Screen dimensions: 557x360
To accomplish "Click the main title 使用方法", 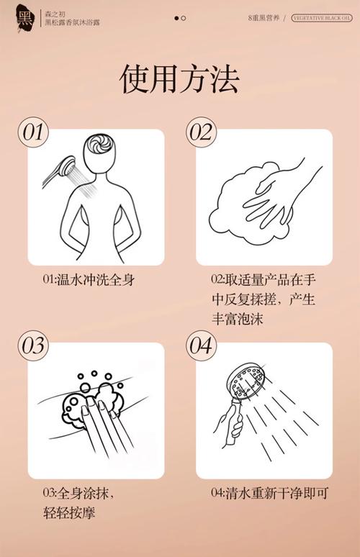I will tap(179, 78).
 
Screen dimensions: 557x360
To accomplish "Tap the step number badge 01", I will tap(32, 132).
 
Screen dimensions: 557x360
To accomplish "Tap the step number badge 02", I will tap(202, 132).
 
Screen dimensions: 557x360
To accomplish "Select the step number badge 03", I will tap(32, 345).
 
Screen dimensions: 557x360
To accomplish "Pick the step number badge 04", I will tap(202, 345).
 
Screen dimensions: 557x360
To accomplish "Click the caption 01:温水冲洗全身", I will tap(88, 280).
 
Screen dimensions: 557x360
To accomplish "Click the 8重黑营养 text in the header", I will tap(264, 17).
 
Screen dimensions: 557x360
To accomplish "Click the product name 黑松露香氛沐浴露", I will tap(72, 23).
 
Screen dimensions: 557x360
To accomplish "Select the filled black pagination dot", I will tap(176, 17).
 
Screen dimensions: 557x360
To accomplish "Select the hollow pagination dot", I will tap(184, 17).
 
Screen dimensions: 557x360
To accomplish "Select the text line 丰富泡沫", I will tap(237, 319).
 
